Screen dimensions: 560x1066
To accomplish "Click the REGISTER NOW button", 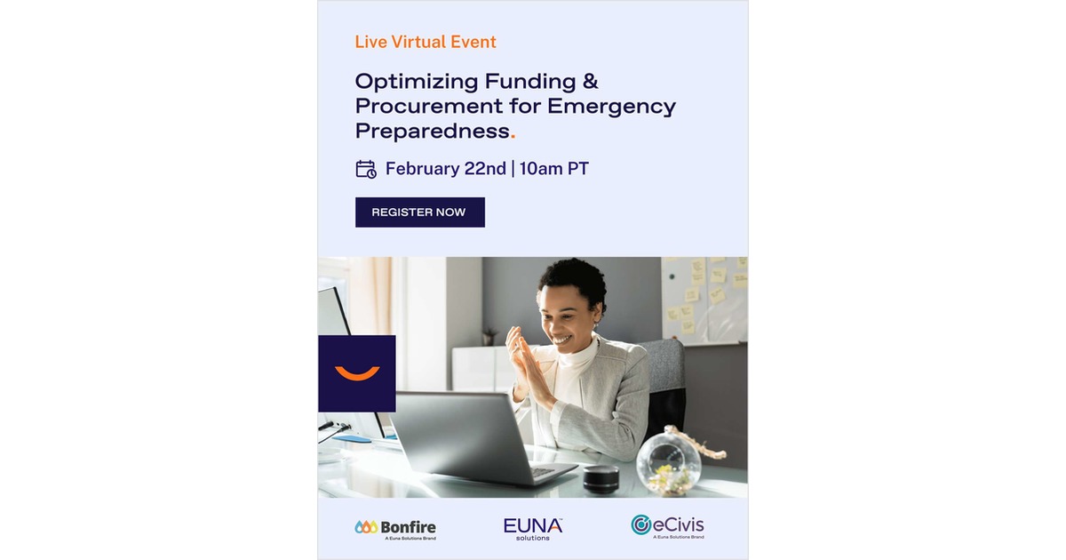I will coord(419,212).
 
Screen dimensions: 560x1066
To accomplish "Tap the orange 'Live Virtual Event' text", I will coord(426,42).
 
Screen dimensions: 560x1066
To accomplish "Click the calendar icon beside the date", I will coord(366,169).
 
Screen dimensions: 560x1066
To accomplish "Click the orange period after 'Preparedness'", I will coord(513,134).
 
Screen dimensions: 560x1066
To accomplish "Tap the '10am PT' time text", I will coord(553,169).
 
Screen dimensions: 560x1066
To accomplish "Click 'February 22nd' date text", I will coord(445,169).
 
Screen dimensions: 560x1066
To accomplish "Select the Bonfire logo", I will coord(395,528).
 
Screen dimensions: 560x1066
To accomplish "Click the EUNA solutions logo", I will coord(533,528).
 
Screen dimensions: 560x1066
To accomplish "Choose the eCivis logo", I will coord(667,525).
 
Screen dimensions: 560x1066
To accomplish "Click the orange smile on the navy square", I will coord(357,373).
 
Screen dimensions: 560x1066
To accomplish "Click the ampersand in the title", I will coord(590,82).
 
